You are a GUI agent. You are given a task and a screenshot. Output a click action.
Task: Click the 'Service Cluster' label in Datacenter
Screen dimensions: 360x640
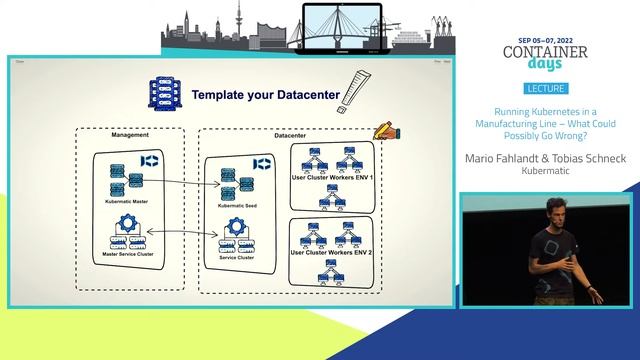[x=236, y=259]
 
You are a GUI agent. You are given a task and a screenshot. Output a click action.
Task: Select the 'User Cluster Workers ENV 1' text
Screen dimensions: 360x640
[x=330, y=177]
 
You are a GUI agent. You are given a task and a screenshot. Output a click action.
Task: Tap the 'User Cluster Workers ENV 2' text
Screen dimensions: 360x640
[x=330, y=254]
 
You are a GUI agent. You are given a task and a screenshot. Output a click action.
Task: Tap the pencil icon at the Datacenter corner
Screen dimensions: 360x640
[x=383, y=131]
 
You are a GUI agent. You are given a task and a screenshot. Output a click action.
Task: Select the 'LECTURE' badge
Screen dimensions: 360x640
[x=549, y=89]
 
